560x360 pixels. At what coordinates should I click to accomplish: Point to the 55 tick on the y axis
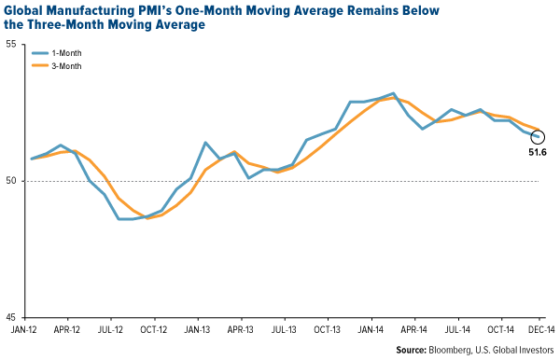pos(16,45)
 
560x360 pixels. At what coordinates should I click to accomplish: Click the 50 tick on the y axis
pos(16,181)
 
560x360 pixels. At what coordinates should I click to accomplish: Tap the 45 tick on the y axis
pos(16,317)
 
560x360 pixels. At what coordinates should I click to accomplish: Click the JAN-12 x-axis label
pos(23,329)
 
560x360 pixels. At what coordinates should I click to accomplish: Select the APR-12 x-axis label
pos(67,329)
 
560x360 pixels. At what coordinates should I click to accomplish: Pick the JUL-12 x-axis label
pos(111,329)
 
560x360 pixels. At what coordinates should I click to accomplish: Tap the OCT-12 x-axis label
pos(154,329)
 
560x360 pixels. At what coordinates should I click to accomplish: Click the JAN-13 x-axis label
pos(198,329)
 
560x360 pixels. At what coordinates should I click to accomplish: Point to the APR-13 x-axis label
pos(241,329)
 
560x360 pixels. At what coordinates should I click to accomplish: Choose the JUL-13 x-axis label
pos(285,329)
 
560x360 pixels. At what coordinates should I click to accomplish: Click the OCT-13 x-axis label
pos(328,329)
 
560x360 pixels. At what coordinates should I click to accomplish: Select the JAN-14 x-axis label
pos(371,329)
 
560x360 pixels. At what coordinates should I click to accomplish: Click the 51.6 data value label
pos(537,153)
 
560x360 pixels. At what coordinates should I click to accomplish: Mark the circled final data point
pos(538,137)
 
